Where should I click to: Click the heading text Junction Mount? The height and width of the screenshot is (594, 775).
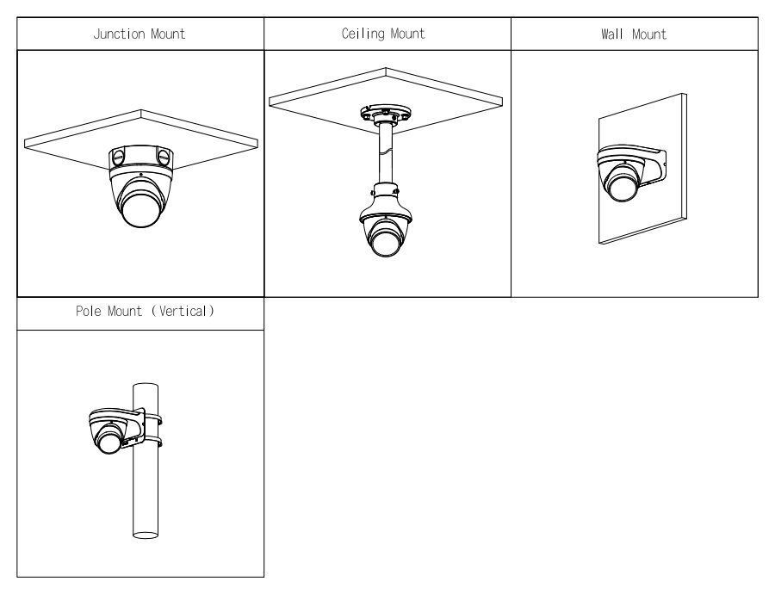point(139,34)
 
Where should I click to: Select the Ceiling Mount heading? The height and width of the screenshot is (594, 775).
point(387,34)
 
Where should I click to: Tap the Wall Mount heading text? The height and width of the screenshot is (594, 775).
point(635,34)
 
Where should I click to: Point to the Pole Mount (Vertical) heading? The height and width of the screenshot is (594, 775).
point(139,312)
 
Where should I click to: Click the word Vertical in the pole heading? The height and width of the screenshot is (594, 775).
point(179,312)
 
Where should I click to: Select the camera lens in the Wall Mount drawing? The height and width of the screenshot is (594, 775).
point(622,183)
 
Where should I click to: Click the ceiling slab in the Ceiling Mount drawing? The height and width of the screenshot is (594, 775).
point(448,101)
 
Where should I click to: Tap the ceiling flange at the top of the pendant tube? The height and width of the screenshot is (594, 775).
point(385,114)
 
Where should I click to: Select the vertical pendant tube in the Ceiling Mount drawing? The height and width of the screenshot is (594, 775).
point(385,155)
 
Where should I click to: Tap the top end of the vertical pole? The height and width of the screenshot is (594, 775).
point(145,387)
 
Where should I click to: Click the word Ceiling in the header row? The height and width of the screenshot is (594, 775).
point(365,34)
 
